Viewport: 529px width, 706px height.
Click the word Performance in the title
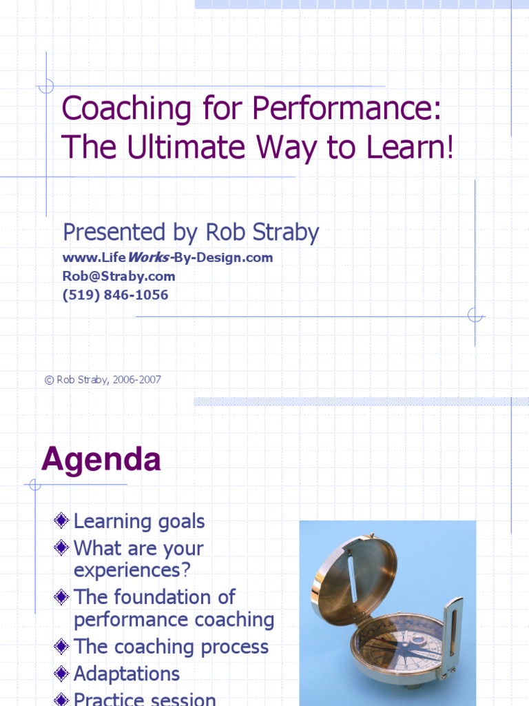pyautogui.click(x=346, y=110)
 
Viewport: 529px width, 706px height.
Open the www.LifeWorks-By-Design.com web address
pyautogui.click(x=167, y=258)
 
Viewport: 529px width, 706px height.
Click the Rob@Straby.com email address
pyautogui.click(x=118, y=276)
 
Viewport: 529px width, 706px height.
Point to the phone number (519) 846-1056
pyautogui.click(x=115, y=295)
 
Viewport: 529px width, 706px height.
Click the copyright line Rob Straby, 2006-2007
pyautogui.click(x=103, y=380)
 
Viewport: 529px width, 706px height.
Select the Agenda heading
pyautogui.click(x=101, y=460)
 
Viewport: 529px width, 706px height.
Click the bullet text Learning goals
pyautogui.click(x=139, y=522)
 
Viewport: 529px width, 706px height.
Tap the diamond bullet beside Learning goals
pyautogui.click(x=62, y=521)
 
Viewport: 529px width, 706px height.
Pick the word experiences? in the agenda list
pyautogui.click(x=132, y=571)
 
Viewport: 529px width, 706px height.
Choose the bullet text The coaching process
pyautogui.click(x=171, y=647)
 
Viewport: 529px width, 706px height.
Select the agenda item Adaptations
pyautogui.click(x=126, y=674)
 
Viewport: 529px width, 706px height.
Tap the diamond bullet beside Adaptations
pyautogui.click(x=62, y=673)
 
